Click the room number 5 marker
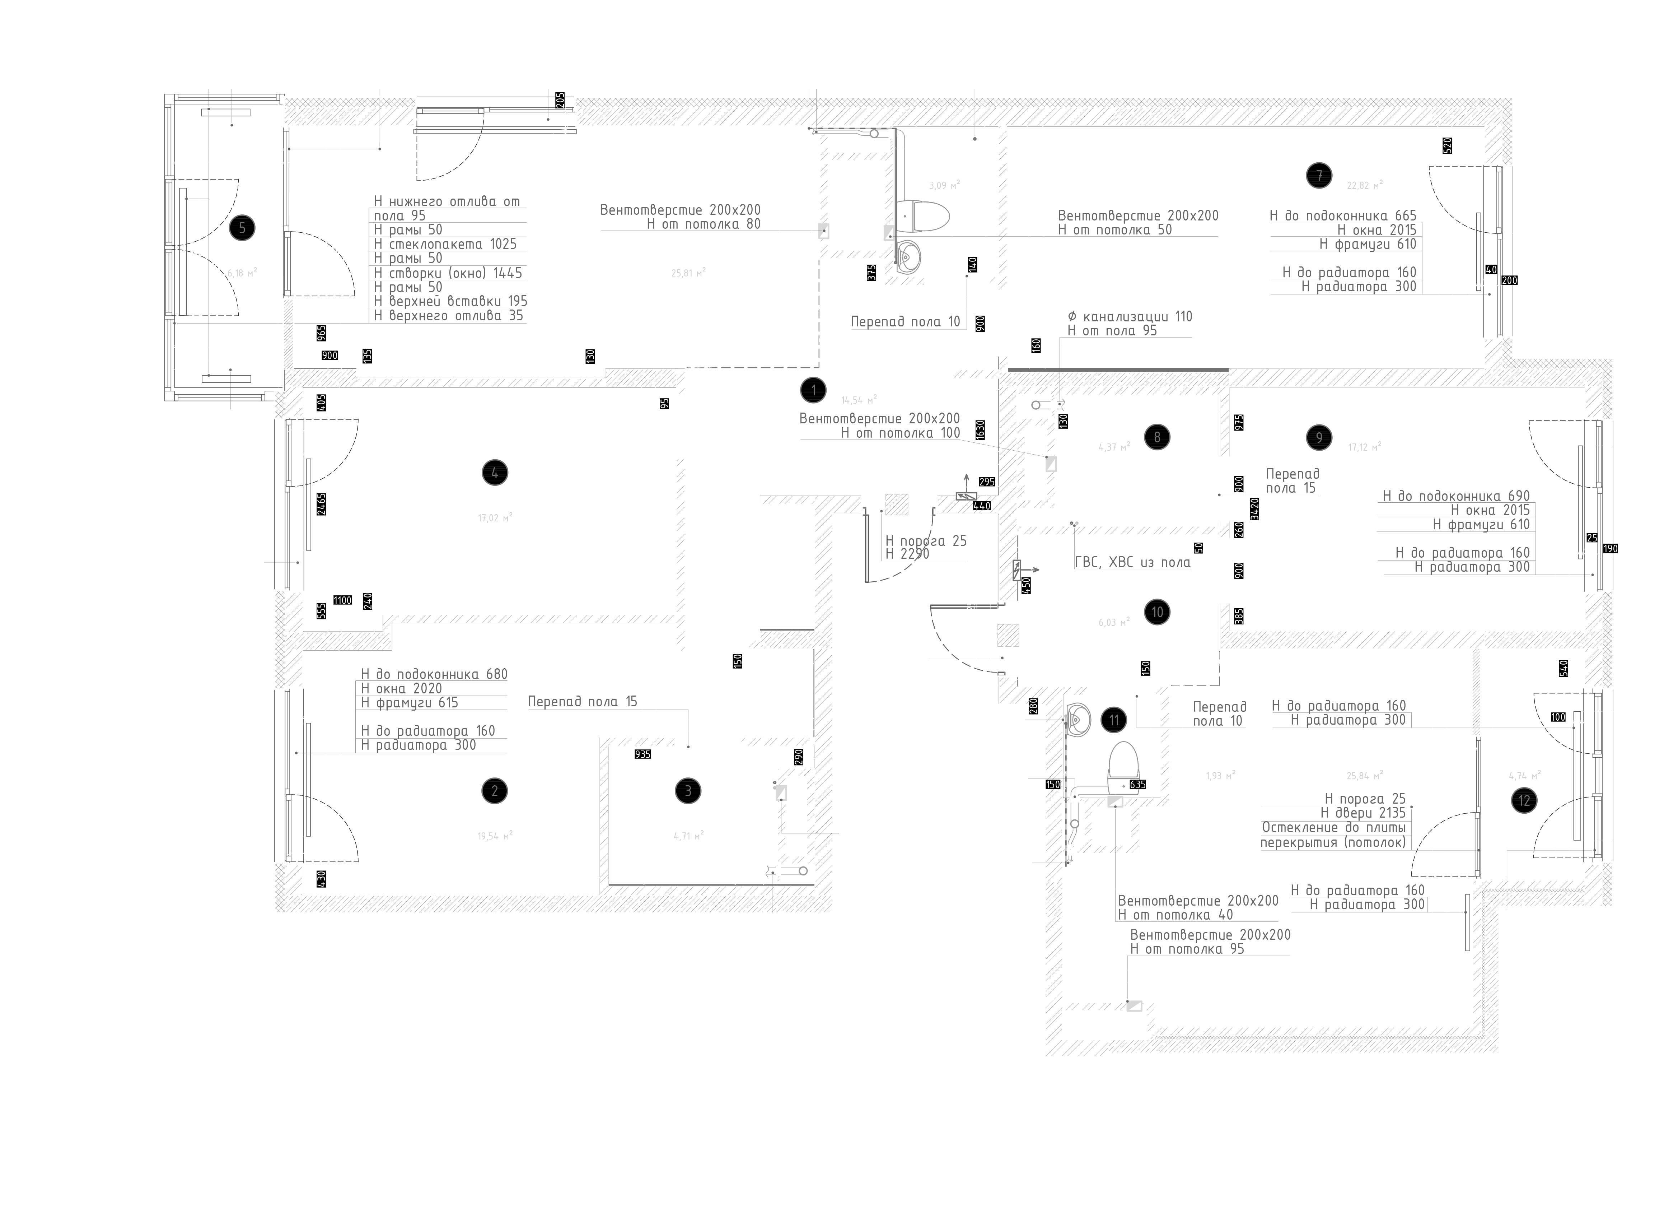(x=242, y=228)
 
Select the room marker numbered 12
(x=1524, y=801)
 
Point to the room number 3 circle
(x=688, y=791)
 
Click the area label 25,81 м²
(x=688, y=273)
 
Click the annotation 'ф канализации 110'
(x=1130, y=317)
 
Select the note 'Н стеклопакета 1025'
(x=445, y=244)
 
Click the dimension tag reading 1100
(x=342, y=600)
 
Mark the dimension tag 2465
(x=321, y=504)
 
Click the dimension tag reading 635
(x=1137, y=784)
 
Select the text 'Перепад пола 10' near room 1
(x=906, y=322)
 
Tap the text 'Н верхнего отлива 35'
(x=448, y=316)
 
